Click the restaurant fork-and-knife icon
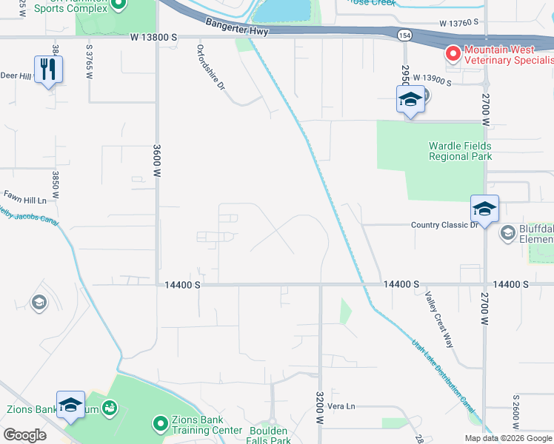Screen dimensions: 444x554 [x=48, y=70]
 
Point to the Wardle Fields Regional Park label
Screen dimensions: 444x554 [x=460, y=151]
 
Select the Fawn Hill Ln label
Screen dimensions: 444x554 [x=25, y=200]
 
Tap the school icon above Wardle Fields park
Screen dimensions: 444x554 [x=410, y=99]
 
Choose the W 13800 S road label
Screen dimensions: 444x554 [x=154, y=36]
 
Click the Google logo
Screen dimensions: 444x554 [x=24, y=434]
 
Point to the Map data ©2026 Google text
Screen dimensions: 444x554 [x=507, y=437]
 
